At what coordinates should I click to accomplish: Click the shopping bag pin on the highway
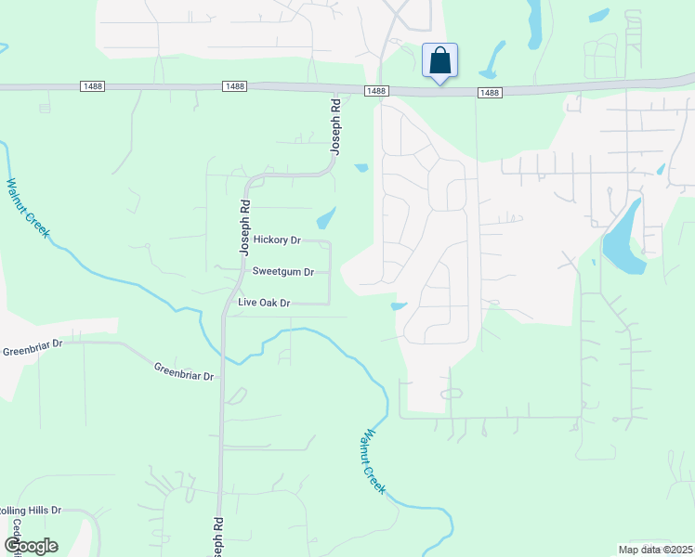click(x=439, y=61)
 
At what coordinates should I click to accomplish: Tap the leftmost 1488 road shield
click(x=92, y=86)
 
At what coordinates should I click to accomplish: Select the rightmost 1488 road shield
click(x=490, y=93)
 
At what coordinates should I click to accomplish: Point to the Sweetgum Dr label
click(x=283, y=272)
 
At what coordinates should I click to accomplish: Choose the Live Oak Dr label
click(x=265, y=304)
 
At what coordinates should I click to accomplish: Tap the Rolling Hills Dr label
click(x=30, y=511)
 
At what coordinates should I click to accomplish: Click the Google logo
click(x=31, y=546)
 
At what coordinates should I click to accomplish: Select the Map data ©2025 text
click(x=654, y=550)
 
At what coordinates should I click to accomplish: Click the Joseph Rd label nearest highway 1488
click(x=336, y=131)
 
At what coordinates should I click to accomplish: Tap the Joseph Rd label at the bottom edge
click(x=217, y=538)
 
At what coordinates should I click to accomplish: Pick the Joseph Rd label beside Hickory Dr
click(x=245, y=227)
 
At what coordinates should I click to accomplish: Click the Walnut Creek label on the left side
click(x=27, y=208)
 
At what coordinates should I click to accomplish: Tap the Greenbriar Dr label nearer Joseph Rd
click(x=184, y=370)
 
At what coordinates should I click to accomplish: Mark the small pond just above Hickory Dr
click(x=326, y=219)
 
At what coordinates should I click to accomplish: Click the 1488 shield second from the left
click(x=234, y=86)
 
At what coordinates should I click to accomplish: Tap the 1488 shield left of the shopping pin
click(x=375, y=90)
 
